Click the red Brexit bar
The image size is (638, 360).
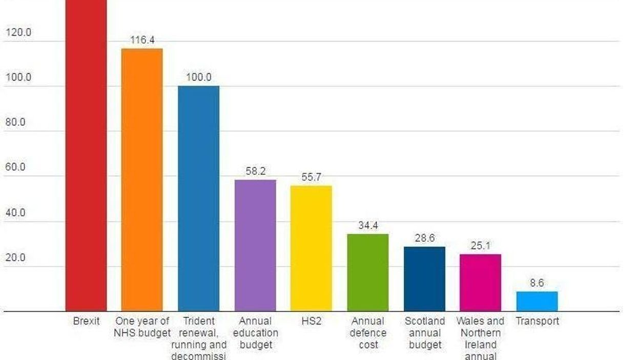86,154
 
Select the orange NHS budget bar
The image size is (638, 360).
142,179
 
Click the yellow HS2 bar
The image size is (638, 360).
311,248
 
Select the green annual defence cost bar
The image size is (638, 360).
368,272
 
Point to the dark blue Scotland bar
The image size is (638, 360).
424,279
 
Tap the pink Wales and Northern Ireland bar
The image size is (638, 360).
480,283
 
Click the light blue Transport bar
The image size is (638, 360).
537,302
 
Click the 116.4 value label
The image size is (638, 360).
142,40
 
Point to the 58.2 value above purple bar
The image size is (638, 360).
255,171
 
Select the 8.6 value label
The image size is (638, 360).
537,283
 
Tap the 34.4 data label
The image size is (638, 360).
368,226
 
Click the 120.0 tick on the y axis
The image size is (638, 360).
18,33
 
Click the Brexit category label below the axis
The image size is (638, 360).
86,322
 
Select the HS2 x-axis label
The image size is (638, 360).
311,322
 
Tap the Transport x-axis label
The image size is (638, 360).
537,322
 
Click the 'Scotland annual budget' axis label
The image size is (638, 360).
425,333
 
